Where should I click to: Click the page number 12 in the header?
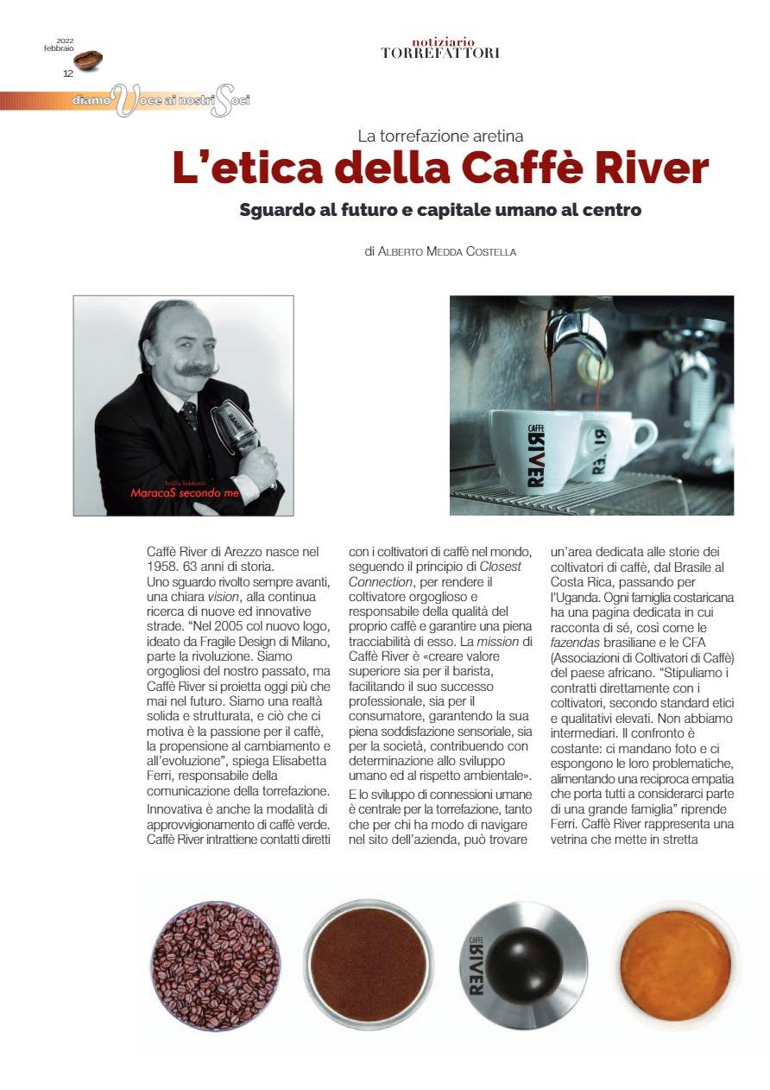[67, 73]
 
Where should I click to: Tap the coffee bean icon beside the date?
[88, 60]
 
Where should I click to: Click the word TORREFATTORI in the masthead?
[440, 54]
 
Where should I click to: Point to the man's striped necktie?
[188, 415]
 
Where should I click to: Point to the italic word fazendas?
[578, 643]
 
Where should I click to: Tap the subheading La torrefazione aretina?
[440, 136]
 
